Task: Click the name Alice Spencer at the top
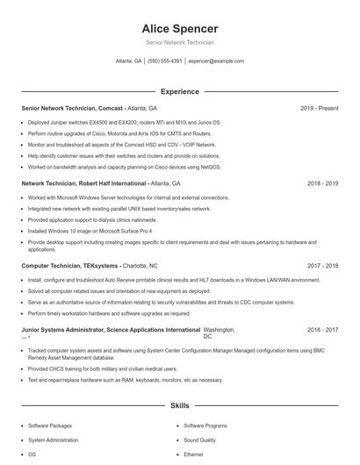point(179,28)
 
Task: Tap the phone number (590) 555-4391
point(164,61)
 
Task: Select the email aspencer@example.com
point(216,61)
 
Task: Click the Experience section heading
point(179,91)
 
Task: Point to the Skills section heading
point(179,406)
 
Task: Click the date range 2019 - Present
point(319,108)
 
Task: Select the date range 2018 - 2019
point(322,184)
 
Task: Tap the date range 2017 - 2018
point(322,265)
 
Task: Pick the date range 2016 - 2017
point(322,330)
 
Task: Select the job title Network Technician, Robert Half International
point(83,184)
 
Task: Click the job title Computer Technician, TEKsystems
point(70,265)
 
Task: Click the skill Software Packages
point(50,425)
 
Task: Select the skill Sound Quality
point(199,440)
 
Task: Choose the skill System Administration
point(54,440)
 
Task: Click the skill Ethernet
point(193,454)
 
